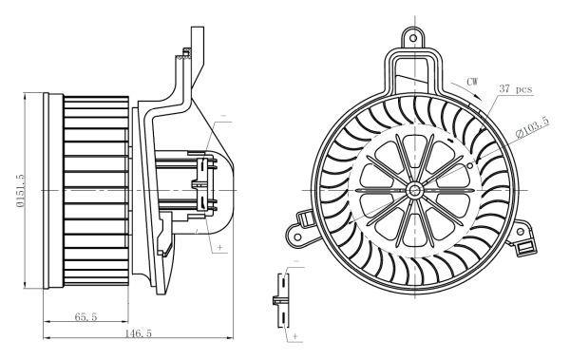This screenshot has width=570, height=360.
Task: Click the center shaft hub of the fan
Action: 415,189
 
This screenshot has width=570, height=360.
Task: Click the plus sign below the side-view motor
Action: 220,247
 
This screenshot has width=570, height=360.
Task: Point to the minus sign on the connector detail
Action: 295,261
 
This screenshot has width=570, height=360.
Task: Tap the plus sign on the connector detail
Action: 295,335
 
